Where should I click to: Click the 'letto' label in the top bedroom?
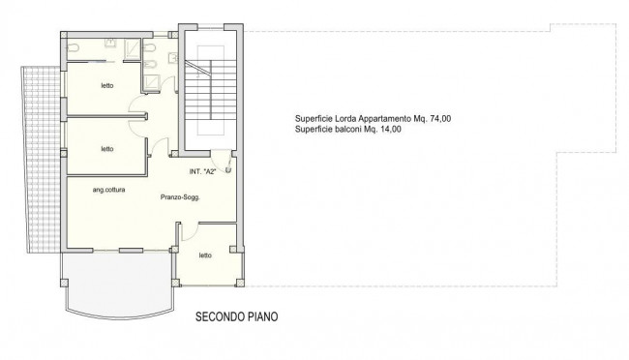pyautogui.click(x=106, y=86)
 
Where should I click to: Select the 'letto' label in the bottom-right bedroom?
pyautogui.click(x=205, y=255)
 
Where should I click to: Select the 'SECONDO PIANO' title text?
pyautogui.click(x=240, y=315)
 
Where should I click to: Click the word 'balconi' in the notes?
pyautogui.click(x=345, y=129)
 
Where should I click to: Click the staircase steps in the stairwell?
pyautogui.click(x=203, y=97)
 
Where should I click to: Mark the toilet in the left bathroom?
pyautogui.click(x=75, y=46)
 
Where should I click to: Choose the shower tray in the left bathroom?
pyautogui.click(x=110, y=45)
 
